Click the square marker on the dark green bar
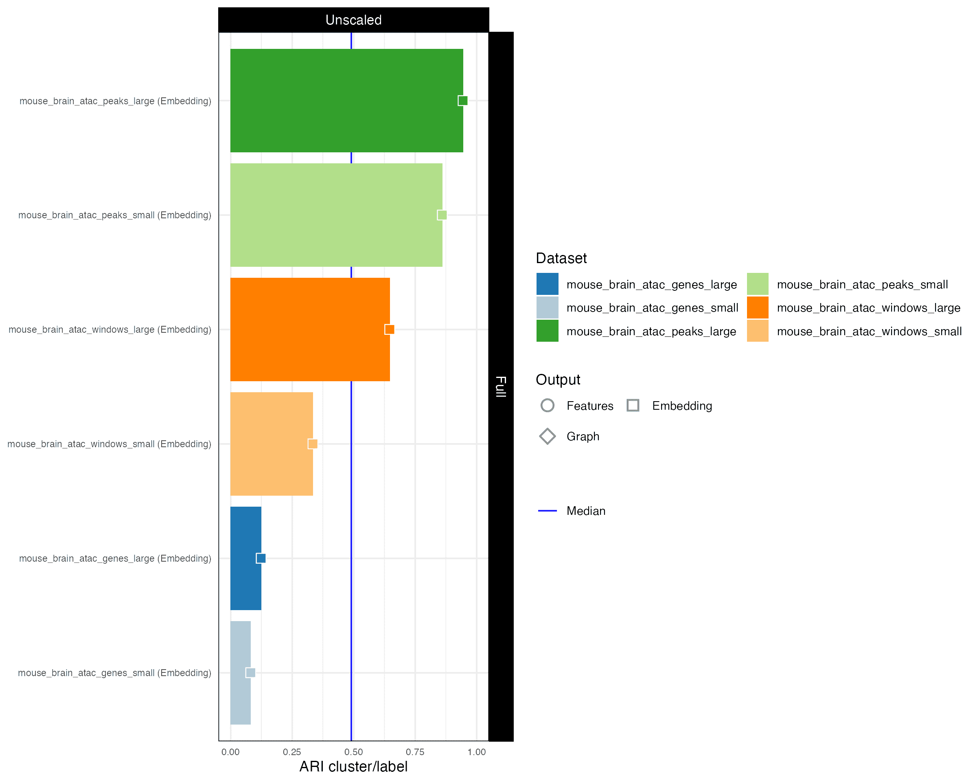(x=463, y=101)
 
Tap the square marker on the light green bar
(x=442, y=215)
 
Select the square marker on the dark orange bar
(x=389, y=329)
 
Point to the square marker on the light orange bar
(x=313, y=444)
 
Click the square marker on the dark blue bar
(x=261, y=558)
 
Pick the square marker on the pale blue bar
(x=250, y=673)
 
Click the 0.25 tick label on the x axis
(x=292, y=752)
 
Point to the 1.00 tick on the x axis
(x=476, y=752)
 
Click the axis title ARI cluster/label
(x=353, y=767)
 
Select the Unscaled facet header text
(x=353, y=20)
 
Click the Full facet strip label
(x=501, y=386)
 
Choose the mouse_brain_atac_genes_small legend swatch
(x=547, y=308)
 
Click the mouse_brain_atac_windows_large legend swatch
(x=757, y=308)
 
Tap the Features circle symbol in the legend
(x=548, y=405)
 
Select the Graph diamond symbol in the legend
(x=548, y=436)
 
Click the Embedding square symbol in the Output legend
(x=633, y=405)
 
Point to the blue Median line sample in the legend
(x=548, y=511)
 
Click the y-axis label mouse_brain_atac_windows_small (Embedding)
(x=109, y=444)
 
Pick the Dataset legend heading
(x=561, y=258)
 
